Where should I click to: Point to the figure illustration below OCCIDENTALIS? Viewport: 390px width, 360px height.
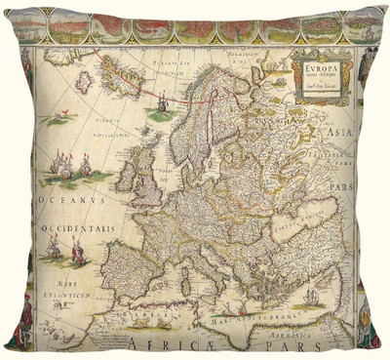pyautogui.click(x=56, y=252)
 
